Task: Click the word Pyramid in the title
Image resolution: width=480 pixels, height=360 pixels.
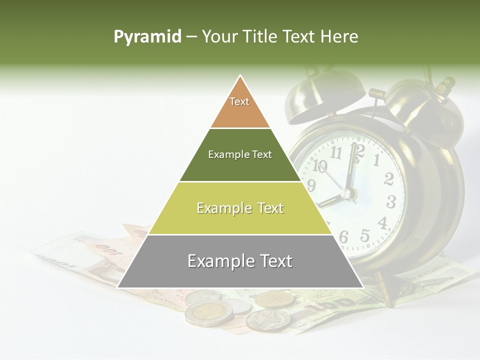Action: pos(147,37)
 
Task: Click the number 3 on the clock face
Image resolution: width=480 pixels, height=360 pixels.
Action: pos(391,202)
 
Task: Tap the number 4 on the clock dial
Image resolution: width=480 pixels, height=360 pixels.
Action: pos(382,222)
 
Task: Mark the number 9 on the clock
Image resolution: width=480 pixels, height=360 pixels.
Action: pos(311,186)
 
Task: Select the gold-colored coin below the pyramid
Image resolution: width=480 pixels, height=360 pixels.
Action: pos(275,299)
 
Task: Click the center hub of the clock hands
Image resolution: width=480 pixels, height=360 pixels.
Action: pos(348,192)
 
